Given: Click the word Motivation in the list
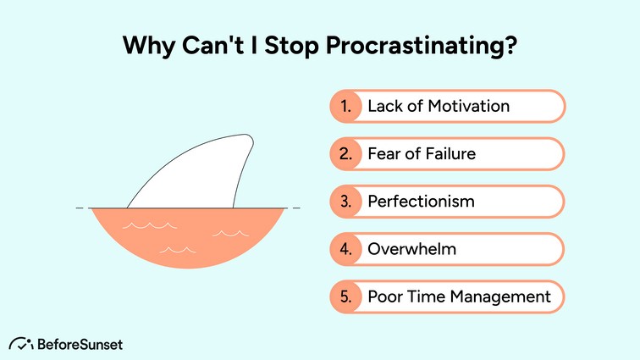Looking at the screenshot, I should click(x=467, y=107).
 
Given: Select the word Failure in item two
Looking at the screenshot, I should click(x=449, y=154).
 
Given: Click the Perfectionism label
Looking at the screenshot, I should click(x=421, y=202).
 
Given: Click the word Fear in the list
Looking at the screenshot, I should click(x=384, y=154).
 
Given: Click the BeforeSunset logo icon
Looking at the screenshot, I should click(x=20, y=344).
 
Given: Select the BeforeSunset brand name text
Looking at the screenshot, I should click(x=80, y=344).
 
